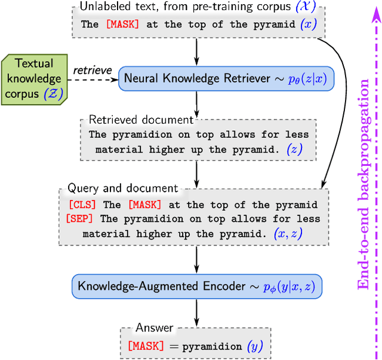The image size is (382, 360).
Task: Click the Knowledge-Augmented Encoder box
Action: (x=196, y=286)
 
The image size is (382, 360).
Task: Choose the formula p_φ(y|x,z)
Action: (x=288, y=287)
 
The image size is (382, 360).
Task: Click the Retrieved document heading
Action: (x=141, y=120)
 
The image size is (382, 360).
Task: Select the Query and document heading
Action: (x=122, y=189)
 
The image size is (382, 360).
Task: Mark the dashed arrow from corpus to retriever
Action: (x=95, y=79)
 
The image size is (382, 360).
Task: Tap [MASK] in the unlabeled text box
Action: (x=122, y=26)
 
